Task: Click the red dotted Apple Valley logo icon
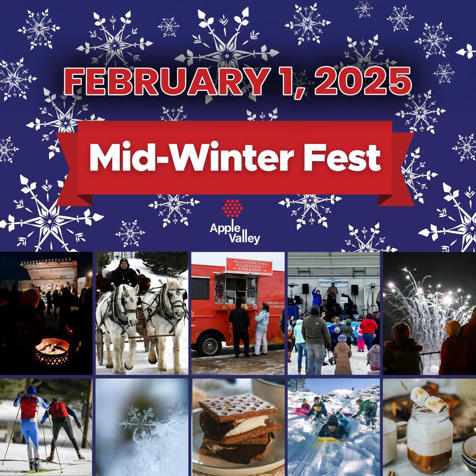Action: pyautogui.click(x=232, y=208)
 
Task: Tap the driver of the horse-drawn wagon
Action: pyautogui.click(x=124, y=273)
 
